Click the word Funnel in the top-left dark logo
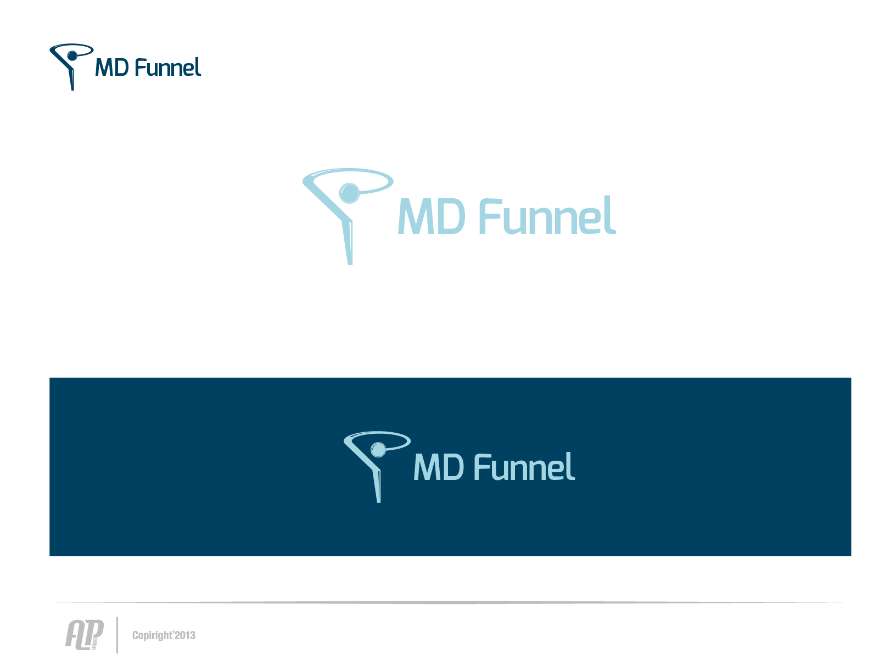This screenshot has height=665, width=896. (x=167, y=66)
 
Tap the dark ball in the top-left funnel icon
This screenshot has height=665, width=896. (x=72, y=56)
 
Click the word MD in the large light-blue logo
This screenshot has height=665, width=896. (x=431, y=216)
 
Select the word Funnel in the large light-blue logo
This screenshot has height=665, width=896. (x=547, y=215)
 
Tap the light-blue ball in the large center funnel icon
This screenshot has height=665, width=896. (x=349, y=193)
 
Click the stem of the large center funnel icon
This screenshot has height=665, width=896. (x=348, y=242)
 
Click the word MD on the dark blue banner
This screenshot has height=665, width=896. (x=438, y=467)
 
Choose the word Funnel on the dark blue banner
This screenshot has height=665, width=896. (x=524, y=467)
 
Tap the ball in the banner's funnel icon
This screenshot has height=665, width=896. (x=378, y=450)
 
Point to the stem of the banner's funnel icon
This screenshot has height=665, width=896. (x=377, y=486)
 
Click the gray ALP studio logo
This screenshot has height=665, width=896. (x=85, y=635)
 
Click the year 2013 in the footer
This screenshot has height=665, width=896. (x=185, y=635)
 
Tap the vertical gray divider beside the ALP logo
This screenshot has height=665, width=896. (x=117, y=635)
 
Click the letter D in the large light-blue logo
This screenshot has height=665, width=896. (x=450, y=216)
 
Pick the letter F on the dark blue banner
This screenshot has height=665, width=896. (x=481, y=467)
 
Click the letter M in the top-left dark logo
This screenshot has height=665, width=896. (x=103, y=68)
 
